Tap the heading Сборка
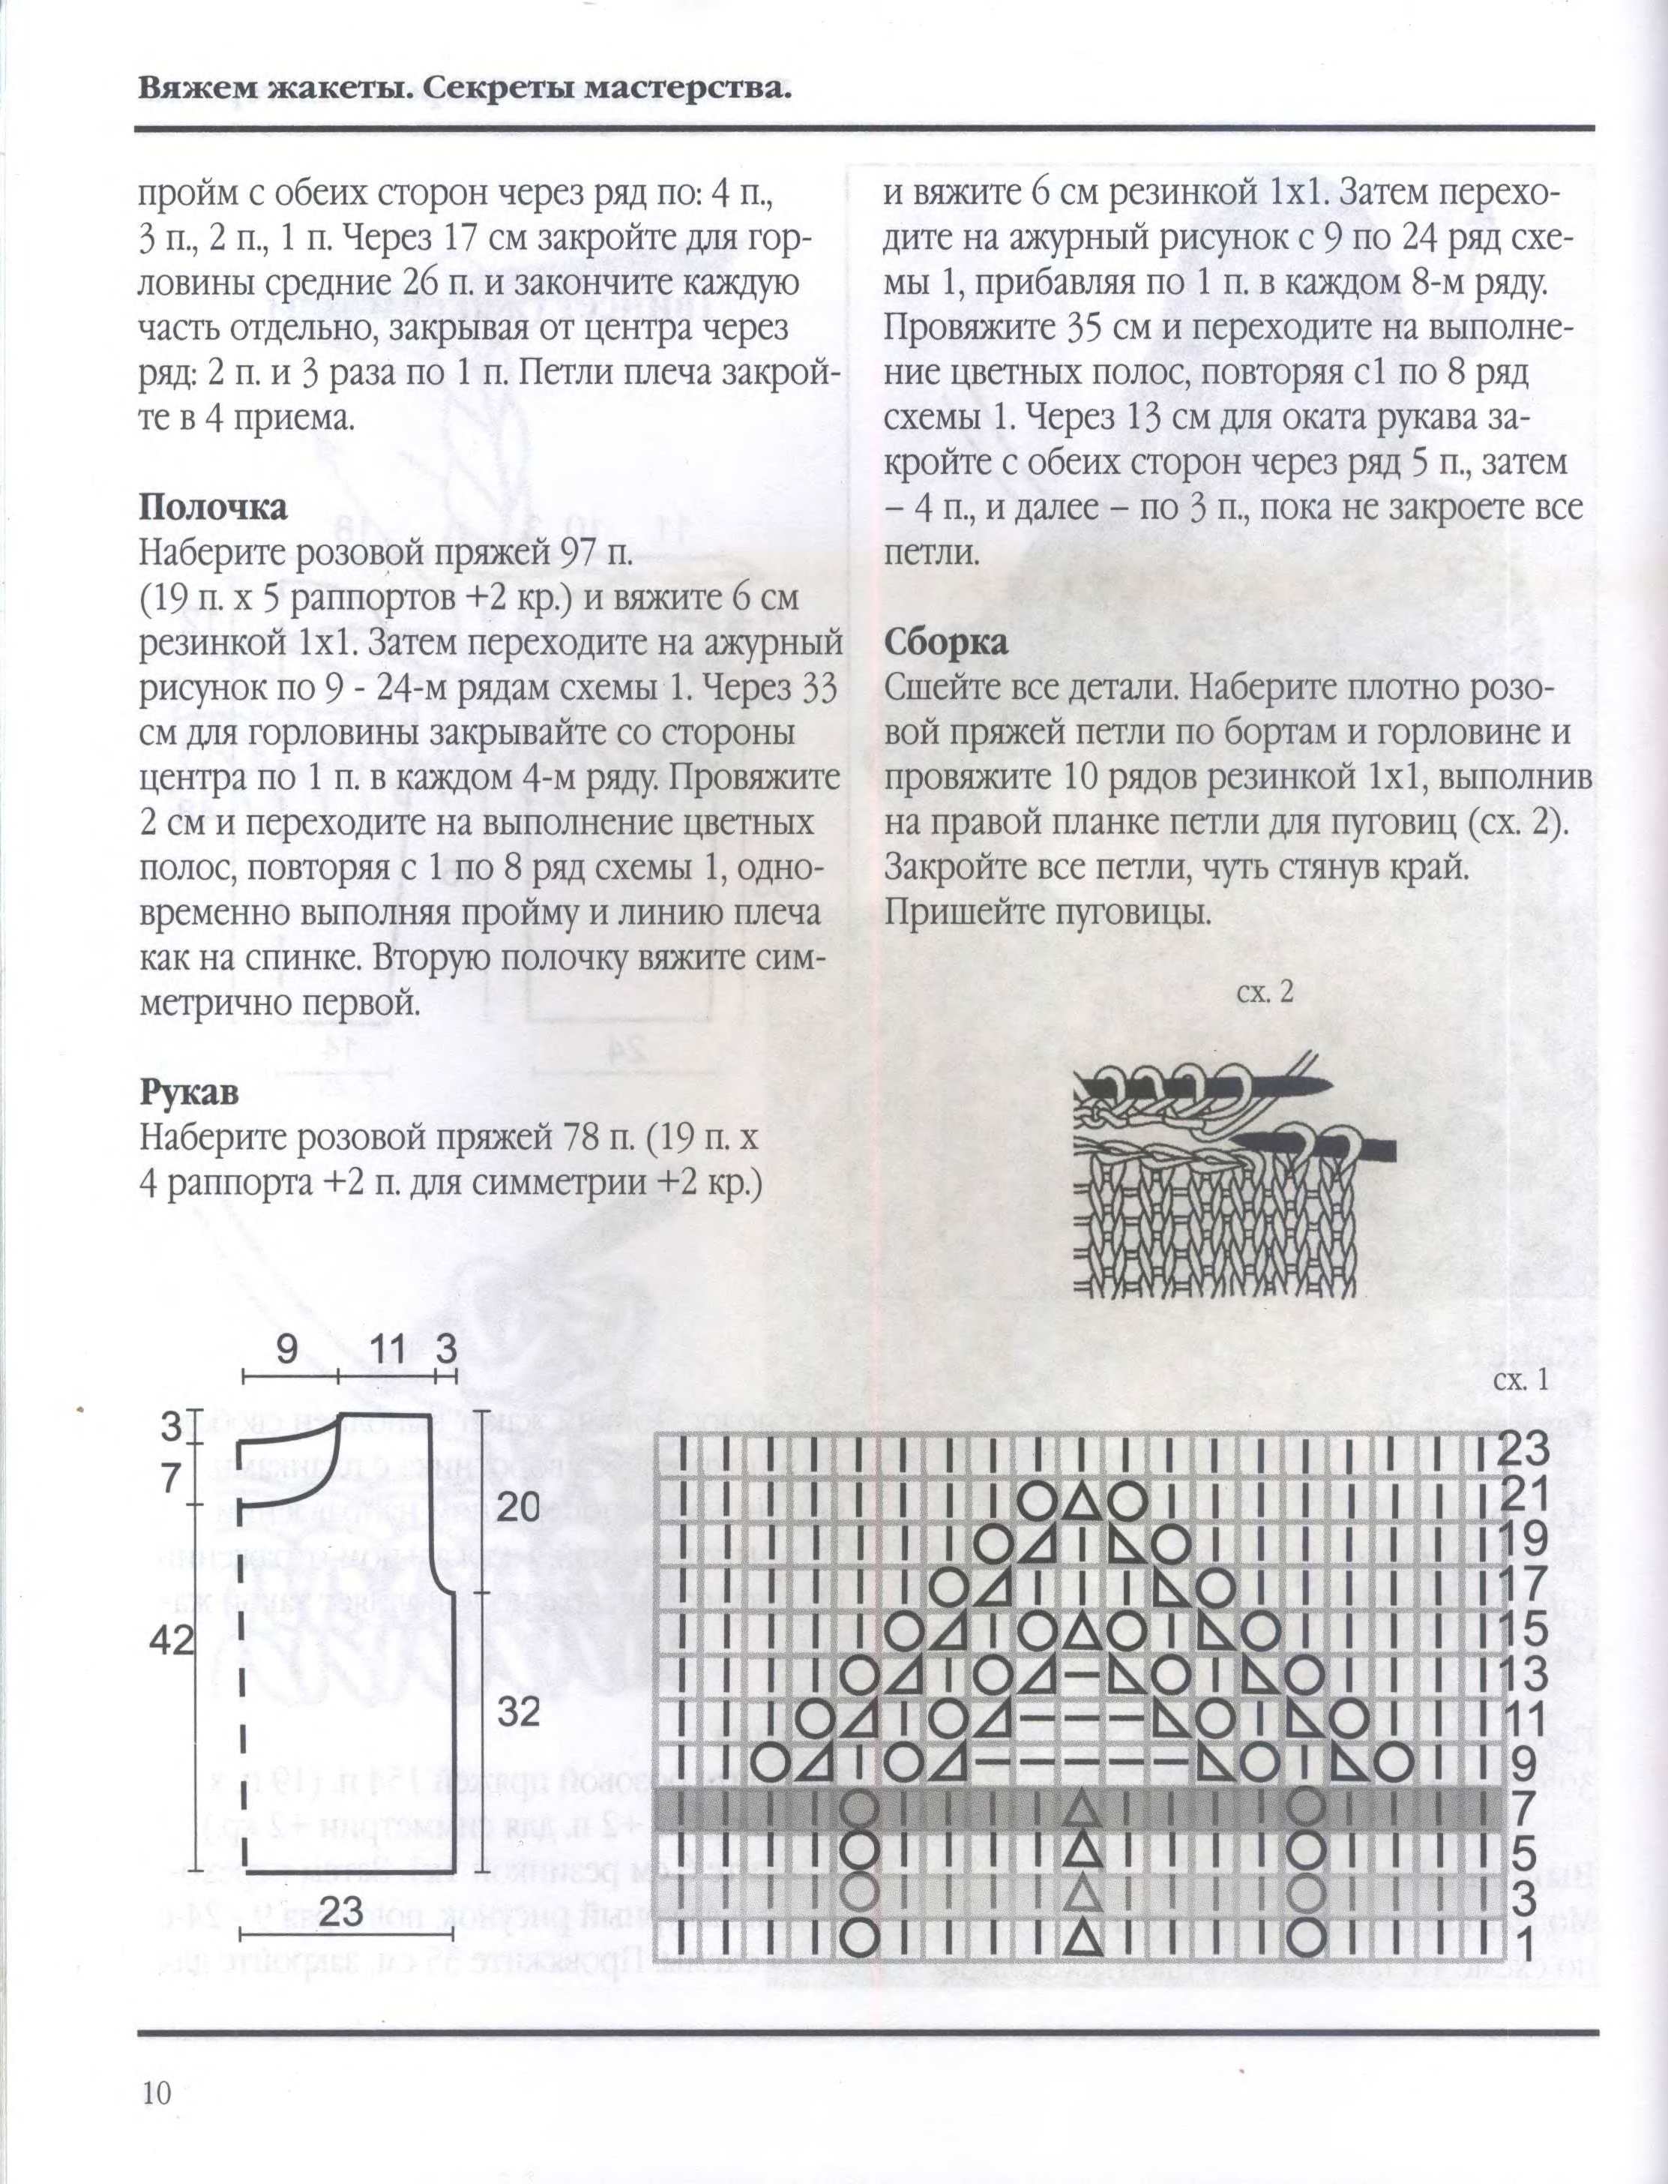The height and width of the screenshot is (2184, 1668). [x=945, y=641]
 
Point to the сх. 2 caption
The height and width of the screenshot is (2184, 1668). [x=1265, y=992]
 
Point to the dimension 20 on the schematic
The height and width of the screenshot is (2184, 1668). [x=518, y=1507]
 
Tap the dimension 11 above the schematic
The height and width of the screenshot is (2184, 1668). [x=388, y=1348]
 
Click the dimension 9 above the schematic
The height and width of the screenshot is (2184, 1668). [x=287, y=1348]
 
